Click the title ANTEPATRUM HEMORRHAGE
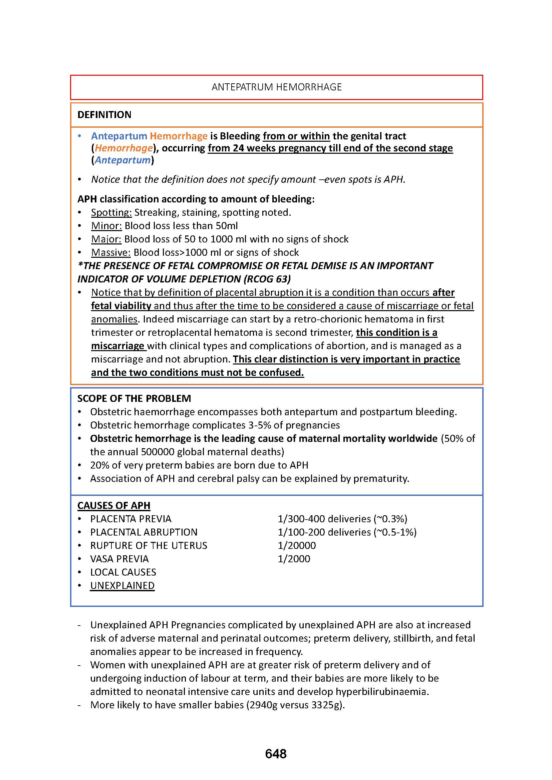click(276, 87)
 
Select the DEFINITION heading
click(104, 115)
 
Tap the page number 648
click(276, 754)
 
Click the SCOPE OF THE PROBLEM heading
click(134, 398)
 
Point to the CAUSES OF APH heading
click(113, 506)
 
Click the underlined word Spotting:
click(111, 213)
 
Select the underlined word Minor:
click(106, 226)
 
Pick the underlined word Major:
click(106, 239)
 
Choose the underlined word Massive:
click(111, 252)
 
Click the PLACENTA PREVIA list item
click(130, 519)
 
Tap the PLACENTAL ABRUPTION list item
click(144, 532)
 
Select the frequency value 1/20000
click(296, 546)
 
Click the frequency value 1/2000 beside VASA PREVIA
click(294, 559)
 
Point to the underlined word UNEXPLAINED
click(122, 586)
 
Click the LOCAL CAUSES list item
click(123, 572)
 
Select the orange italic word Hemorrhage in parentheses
click(123, 148)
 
